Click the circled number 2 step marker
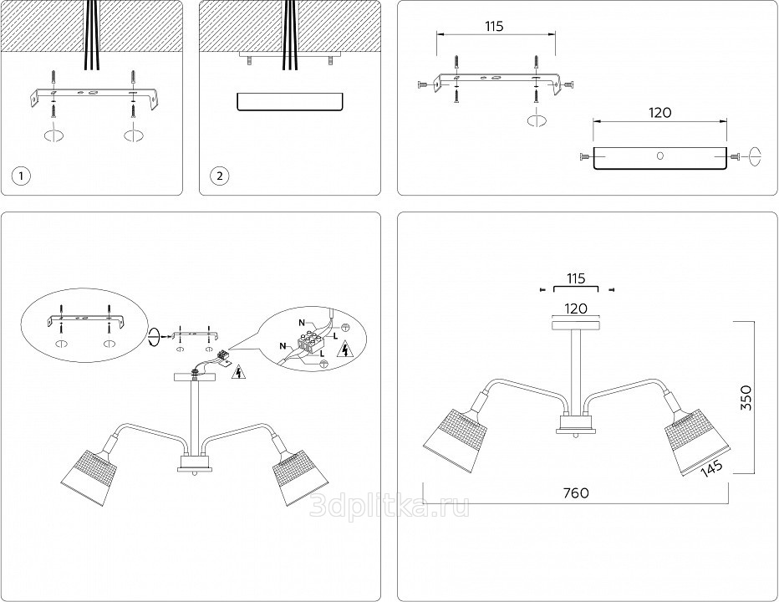(x=219, y=176)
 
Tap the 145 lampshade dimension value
(x=711, y=467)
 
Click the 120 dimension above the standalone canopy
(x=660, y=111)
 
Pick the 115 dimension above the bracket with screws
(x=494, y=27)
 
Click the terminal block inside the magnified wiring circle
(x=312, y=344)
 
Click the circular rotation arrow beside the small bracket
(x=153, y=337)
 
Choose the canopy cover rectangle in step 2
(x=289, y=102)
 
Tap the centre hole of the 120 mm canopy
(x=659, y=156)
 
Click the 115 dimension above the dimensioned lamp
(x=575, y=278)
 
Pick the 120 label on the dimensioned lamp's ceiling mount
(x=575, y=309)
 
